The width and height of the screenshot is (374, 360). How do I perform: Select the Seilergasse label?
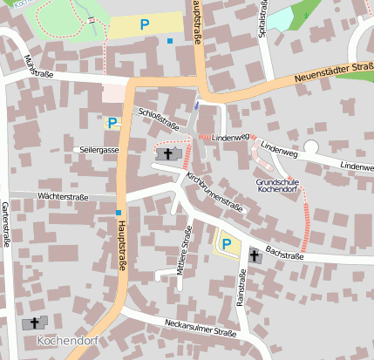coord(99,150)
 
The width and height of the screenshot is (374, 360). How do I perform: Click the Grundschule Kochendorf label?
coord(277,186)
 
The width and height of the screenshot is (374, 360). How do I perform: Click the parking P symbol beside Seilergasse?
coord(112,123)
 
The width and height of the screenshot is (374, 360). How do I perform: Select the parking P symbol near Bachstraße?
coord(227,245)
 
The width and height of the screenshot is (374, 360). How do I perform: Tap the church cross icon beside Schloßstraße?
coord(168,153)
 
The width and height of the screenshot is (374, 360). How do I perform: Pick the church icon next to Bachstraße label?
coord(255,255)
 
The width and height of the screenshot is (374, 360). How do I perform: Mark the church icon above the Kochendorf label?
coord(36,323)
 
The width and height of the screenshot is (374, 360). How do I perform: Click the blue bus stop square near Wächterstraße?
coord(118,212)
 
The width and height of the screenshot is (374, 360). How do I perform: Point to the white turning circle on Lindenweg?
coord(311,147)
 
